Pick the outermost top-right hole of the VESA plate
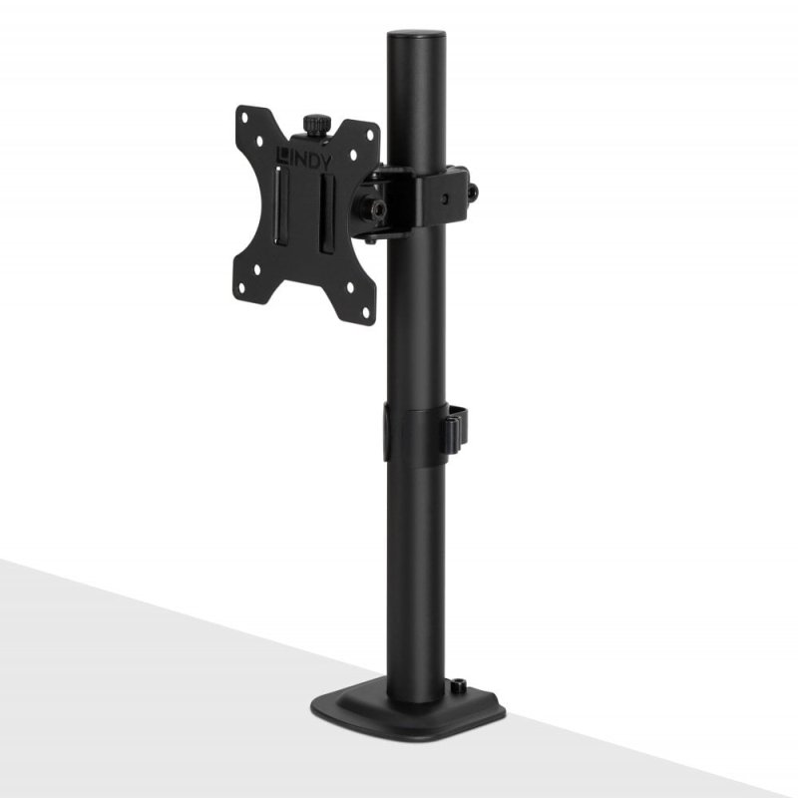[372, 135]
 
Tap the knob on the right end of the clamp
[473, 192]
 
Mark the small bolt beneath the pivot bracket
[369, 239]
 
